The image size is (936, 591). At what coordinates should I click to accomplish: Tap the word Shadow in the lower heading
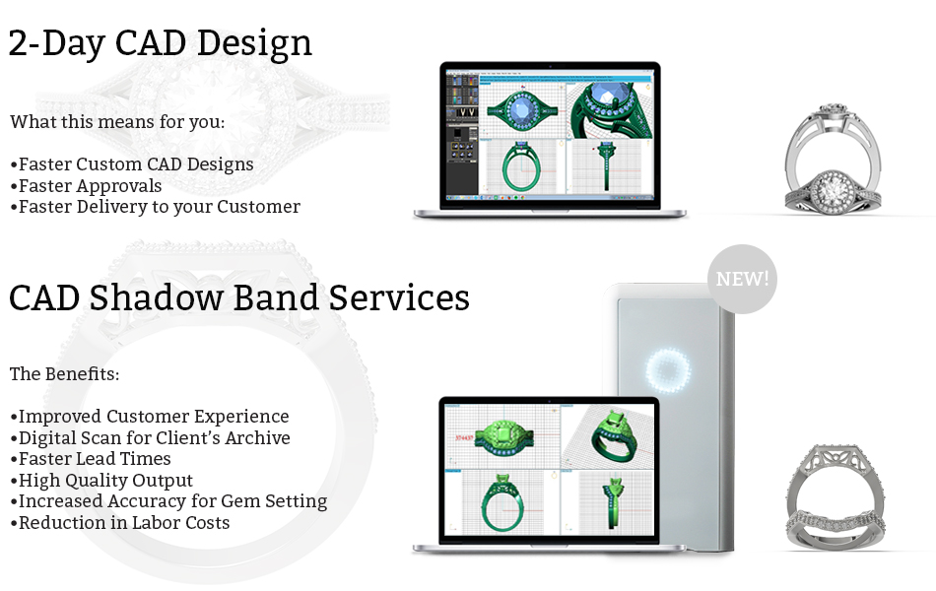pos(156,297)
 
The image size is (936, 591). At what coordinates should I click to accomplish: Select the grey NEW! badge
pos(742,279)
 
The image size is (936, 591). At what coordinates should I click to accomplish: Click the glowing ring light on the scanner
pos(669,370)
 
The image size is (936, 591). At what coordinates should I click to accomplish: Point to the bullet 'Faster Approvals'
pos(86,185)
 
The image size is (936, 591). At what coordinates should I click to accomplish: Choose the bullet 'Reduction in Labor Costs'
pos(120,522)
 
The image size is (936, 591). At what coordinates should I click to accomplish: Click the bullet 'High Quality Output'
pos(101,480)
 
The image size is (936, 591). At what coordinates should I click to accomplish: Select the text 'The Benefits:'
pos(64,373)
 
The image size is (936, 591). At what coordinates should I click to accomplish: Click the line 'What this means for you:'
pos(117,122)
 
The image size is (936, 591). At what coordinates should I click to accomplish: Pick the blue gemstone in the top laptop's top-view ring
pos(521,110)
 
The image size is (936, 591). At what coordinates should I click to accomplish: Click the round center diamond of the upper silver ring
pos(831,190)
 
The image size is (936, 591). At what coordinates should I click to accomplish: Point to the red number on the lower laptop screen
pos(464,437)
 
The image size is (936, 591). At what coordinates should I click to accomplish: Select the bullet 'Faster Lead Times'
pos(91,458)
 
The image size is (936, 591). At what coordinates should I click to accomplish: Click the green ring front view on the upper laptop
pos(522,167)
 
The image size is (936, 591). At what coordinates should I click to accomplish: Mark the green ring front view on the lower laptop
pos(502,502)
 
